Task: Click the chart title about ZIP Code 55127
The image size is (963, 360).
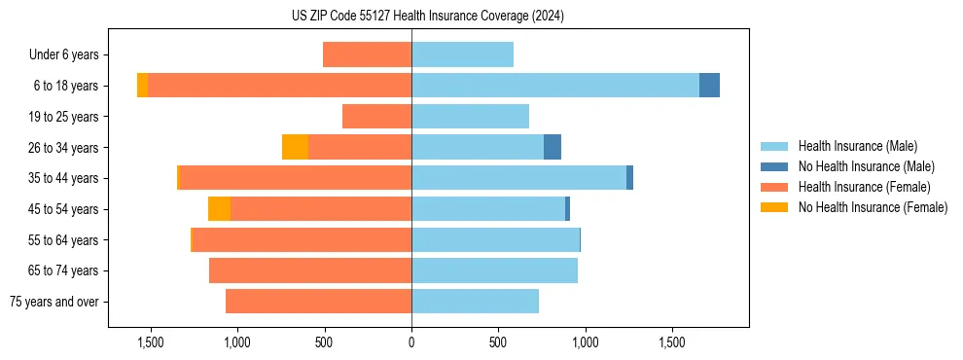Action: click(x=427, y=16)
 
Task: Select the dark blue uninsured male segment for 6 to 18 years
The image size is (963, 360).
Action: click(x=709, y=86)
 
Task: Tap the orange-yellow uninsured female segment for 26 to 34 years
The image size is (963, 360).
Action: click(x=295, y=147)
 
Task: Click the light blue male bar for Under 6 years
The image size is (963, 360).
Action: click(x=462, y=54)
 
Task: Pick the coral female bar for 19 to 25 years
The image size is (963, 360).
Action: click(x=376, y=117)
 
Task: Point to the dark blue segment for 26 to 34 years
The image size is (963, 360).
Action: click(x=553, y=147)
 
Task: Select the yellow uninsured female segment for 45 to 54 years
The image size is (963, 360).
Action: click(x=219, y=208)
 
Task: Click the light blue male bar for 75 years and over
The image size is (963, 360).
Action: click(x=475, y=302)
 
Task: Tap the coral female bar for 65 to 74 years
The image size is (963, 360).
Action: click(x=310, y=270)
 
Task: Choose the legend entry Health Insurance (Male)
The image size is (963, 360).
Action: click(x=857, y=146)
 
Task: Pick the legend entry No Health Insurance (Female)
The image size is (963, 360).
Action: click(x=872, y=207)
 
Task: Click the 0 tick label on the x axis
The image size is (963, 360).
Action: click(x=411, y=342)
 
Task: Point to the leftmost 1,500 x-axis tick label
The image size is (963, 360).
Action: click(x=151, y=342)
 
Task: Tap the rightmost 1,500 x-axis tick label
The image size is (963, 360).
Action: click(x=672, y=342)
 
